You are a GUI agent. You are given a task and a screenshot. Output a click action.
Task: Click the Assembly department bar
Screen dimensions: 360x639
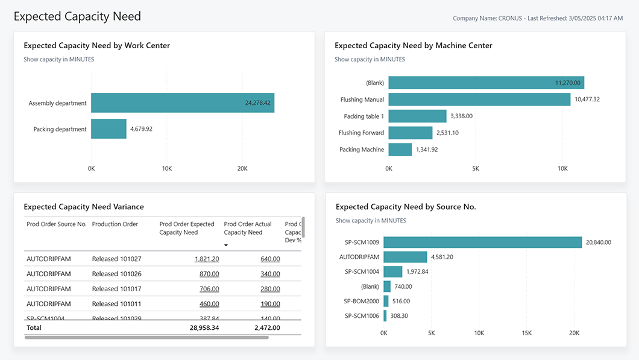coord(183,103)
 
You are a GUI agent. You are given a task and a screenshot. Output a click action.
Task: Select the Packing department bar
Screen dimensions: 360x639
coord(109,129)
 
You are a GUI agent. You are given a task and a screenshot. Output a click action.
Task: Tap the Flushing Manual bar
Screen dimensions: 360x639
coord(479,99)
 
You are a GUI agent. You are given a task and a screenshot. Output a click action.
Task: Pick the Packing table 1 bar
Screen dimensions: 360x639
coord(417,116)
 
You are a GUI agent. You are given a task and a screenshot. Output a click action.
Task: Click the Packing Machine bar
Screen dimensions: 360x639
coord(400,150)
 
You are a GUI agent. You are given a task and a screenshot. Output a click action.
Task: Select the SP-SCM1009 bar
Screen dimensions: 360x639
coord(482,242)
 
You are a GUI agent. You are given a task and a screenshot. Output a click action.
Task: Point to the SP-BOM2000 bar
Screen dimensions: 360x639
coord(386,301)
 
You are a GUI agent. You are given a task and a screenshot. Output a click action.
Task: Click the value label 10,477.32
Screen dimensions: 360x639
coord(587,99)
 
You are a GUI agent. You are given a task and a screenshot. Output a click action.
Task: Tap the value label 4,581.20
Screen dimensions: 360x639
coord(442,257)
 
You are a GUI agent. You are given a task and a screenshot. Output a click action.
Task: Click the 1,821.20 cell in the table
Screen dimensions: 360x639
coord(207,259)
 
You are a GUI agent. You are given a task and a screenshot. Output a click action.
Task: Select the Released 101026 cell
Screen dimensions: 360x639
coord(116,274)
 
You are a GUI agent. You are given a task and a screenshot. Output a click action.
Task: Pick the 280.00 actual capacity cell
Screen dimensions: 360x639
coord(270,289)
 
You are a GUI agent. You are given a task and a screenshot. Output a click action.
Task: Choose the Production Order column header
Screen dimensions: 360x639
coord(115,224)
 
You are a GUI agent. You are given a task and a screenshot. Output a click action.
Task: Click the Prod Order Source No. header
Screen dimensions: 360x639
coord(57,224)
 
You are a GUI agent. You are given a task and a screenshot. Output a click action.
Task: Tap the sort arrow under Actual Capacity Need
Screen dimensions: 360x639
coord(226,245)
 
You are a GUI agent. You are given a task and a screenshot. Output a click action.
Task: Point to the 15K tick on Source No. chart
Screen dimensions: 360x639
coord(526,333)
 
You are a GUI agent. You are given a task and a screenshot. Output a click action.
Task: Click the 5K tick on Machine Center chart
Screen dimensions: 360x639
coord(475,169)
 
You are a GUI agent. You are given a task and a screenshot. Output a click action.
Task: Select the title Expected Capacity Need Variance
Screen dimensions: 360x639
coord(84,207)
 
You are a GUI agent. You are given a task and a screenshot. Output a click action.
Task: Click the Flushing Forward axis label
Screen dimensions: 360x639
coord(361,133)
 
